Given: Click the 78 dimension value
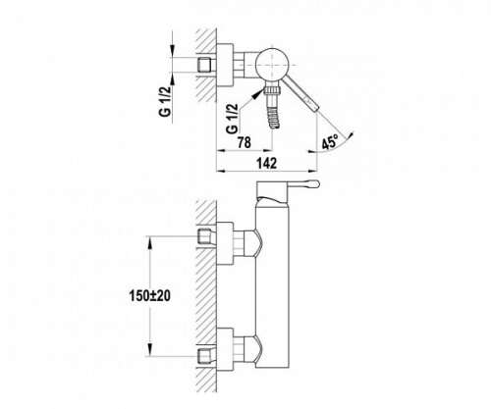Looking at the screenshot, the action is (x=245, y=142).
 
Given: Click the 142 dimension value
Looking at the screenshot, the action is (x=267, y=163).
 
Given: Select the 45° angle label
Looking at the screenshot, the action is (x=330, y=143).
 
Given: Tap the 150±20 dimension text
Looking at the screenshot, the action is (x=150, y=296).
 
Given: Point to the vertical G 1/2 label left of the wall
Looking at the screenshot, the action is (x=166, y=101).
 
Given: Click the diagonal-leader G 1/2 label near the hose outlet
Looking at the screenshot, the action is (x=232, y=119).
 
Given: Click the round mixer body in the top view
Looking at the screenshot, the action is (x=272, y=65).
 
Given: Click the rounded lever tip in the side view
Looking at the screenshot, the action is (x=314, y=184).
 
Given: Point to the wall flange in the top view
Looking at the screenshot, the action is (x=225, y=65).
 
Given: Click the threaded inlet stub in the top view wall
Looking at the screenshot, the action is (x=205, y=65).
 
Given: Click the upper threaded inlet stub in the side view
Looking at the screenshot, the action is (x=205, y=237).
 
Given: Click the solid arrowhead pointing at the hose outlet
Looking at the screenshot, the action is (x=258, y=93).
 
